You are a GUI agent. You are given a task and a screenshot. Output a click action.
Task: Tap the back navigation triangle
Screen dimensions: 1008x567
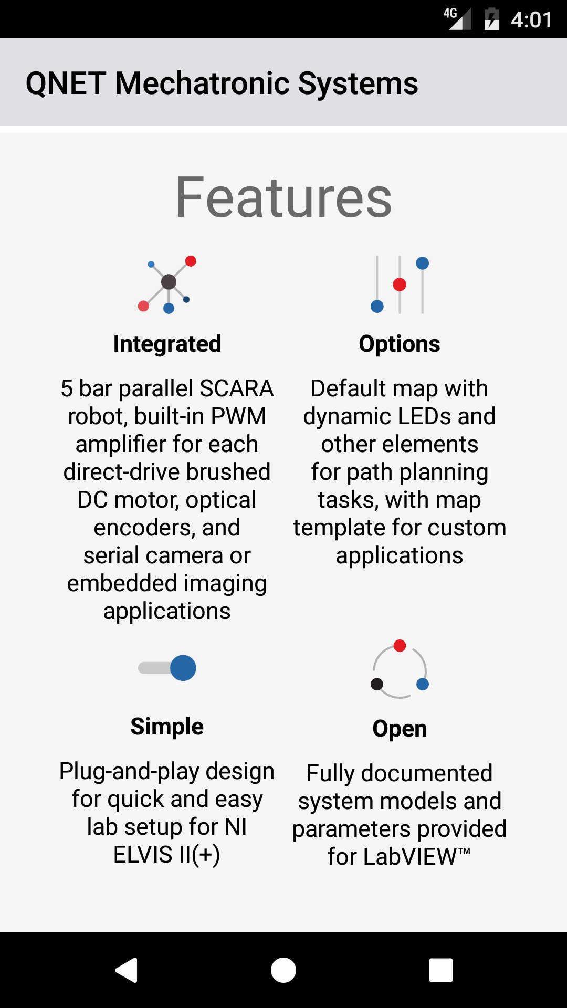(x=127, y=970)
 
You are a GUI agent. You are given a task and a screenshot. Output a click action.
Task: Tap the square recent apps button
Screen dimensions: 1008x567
(x=441, y=970)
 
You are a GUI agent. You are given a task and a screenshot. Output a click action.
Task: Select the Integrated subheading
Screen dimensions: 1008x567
(x=167, y=344)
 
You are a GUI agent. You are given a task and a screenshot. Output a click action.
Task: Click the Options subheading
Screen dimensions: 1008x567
(x=400, y=344)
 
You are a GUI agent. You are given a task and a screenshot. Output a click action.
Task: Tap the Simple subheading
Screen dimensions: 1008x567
(x=167, y=727)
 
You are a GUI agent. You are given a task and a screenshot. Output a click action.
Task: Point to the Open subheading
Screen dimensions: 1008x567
(x=400, y=729)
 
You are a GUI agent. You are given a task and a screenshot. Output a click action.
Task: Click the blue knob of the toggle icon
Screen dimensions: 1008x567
(x=183, y=668)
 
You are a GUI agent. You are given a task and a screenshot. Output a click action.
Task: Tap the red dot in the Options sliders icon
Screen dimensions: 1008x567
(x=400, y=285)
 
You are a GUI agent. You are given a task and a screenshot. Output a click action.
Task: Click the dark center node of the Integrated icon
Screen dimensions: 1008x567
(x=169, y=282)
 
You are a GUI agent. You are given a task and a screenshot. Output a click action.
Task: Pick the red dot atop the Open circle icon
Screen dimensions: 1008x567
(x=400, y=646)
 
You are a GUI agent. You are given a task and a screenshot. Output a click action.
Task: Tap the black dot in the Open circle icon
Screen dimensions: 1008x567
(x=377, y=684)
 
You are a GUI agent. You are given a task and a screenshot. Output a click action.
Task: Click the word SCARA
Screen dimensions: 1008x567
(x=236, y=388)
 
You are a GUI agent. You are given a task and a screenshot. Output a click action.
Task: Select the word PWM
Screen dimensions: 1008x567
(x=238, y=416)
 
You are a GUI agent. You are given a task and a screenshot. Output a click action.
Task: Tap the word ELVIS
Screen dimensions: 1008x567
(x=143, y=855)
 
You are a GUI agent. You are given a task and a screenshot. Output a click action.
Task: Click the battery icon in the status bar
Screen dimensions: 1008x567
(x=491, y=19)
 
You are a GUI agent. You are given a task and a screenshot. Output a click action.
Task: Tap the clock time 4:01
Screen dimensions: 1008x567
(x=531, y=20)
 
